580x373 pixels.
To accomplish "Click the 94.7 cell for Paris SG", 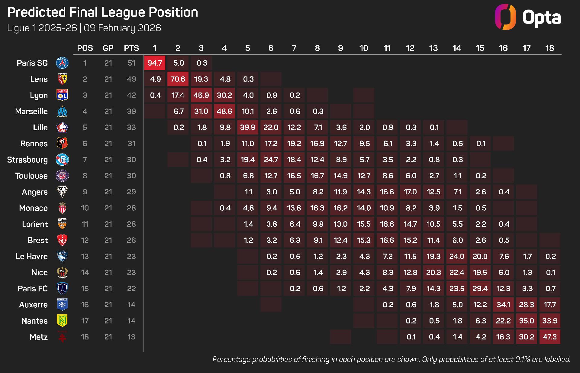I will (x=155, y=63).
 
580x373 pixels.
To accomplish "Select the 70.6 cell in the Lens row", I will (x=178, y=79).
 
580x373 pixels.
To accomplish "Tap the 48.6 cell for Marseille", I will (x=224, y=111).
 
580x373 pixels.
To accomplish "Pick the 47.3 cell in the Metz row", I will (x=549, y=337).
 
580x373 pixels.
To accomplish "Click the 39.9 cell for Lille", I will (x=247, y=127).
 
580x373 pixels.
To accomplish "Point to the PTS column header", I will (x=131, y=48).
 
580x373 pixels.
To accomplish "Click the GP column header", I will (x=108, y=48).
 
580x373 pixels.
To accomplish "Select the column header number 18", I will (x=549, y=48).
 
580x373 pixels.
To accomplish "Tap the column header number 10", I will (x=363, y=48).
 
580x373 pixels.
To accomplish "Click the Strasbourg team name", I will (x=27, y=160).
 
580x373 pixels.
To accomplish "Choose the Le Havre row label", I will (x=32, y=256).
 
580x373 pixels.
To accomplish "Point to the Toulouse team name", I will (x=31, y=176).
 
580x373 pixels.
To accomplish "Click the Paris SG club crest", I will (x=62, y=63).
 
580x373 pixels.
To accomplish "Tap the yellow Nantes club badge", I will (x=62, y=320).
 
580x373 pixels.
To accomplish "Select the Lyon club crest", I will (x=62, y=95).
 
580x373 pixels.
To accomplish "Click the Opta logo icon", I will (x=505, y=17).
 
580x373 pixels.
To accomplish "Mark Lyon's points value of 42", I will (x=131, y=95).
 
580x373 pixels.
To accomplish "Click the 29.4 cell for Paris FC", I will (x=480, y=288).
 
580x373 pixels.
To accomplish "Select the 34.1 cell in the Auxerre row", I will (x=503, y=305).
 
